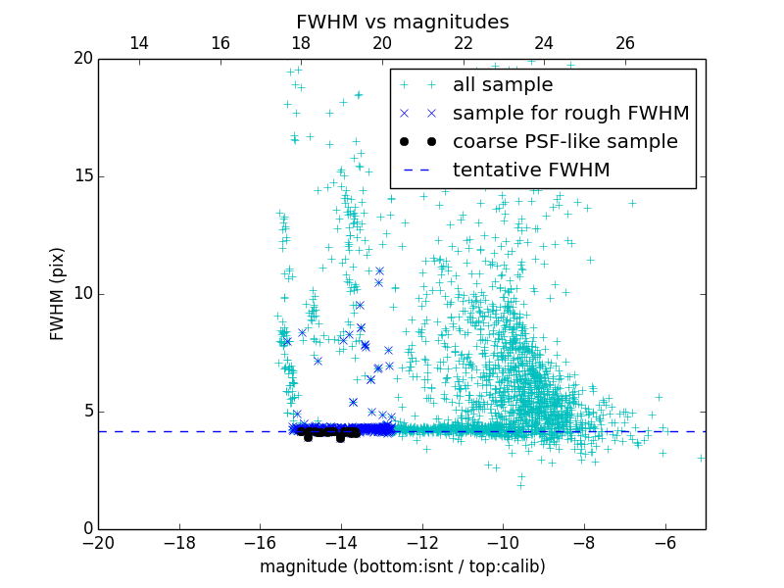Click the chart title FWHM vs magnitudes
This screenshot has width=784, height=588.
[402, 22]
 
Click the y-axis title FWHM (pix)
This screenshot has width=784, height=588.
[58, 293]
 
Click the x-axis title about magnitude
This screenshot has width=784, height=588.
[402, 566]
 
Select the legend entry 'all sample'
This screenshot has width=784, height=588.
[502, 85]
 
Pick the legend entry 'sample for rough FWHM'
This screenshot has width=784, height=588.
[570, 114]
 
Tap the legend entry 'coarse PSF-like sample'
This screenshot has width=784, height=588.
[564, 142]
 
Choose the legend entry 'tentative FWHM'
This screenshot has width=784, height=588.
[531, 171]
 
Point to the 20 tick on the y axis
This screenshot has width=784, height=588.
[81, 59]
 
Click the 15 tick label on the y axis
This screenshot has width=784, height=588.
[81, 176]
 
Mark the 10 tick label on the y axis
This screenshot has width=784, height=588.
[81, 294]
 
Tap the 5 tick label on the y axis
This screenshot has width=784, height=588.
[86, 412]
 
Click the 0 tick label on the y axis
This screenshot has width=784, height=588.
[86, 529]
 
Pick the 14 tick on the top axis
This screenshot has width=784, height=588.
[139, 43]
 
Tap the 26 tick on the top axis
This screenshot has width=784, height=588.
[625, 43]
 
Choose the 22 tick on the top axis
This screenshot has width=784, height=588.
[464, 43]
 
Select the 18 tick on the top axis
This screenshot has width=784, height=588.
[301, 43]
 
